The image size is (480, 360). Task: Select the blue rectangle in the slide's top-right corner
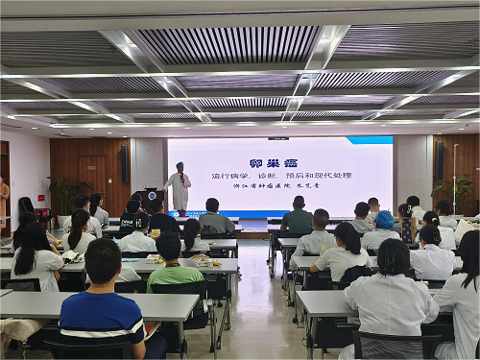(x=369, y=140)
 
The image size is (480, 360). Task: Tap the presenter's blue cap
(x=179, y=164)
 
